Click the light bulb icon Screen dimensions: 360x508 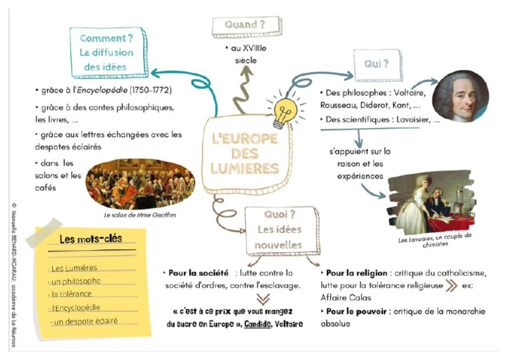pos(282,113)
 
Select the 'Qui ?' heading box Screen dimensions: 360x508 pos(378,65)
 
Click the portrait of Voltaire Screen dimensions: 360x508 pos(460,97)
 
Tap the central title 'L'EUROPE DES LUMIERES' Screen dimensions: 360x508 pos(245,154)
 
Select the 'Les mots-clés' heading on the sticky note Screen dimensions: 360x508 pos(91,239)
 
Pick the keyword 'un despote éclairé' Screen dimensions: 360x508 pos(83,321)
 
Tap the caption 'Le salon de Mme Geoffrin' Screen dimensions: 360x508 pos(140,215)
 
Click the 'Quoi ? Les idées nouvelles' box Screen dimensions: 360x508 pos(278,230)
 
